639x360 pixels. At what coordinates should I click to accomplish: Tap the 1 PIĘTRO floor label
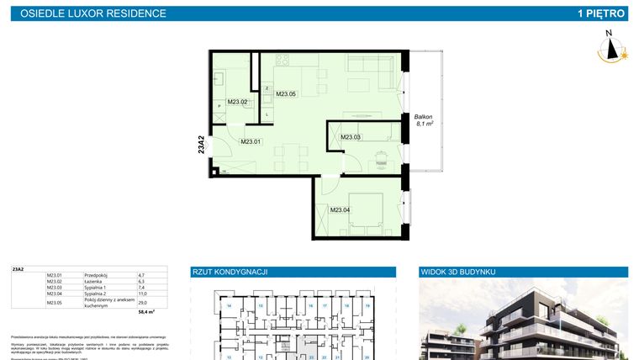coord(600,13)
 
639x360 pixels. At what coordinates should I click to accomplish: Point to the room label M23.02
coord(238,103)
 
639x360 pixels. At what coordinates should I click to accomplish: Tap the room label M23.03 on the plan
coord(350,137)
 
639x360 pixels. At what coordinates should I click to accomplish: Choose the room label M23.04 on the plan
coord(340,209)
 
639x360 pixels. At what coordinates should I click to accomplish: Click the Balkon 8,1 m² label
coord(423,119)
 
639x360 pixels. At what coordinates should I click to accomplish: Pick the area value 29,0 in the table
coord(142,302)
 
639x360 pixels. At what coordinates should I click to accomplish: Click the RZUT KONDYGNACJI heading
coord(230,272)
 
